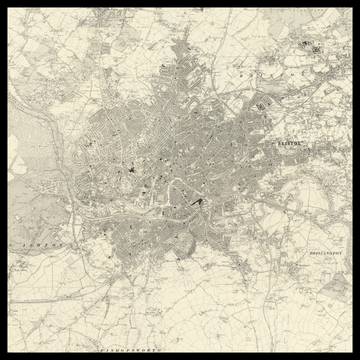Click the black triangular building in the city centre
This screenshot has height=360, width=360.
click(198, 204)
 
